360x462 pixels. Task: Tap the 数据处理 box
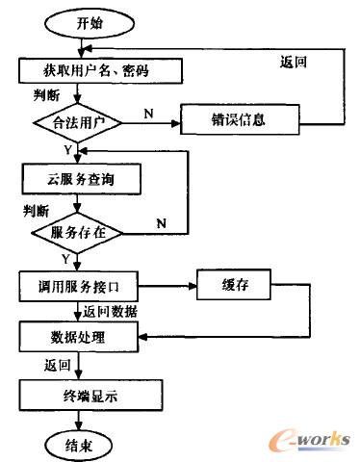click(82, 338)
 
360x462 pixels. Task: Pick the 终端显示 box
click(82, 393)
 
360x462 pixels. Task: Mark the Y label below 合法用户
click(65, 149)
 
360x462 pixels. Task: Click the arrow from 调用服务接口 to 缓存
click(169, 285)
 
